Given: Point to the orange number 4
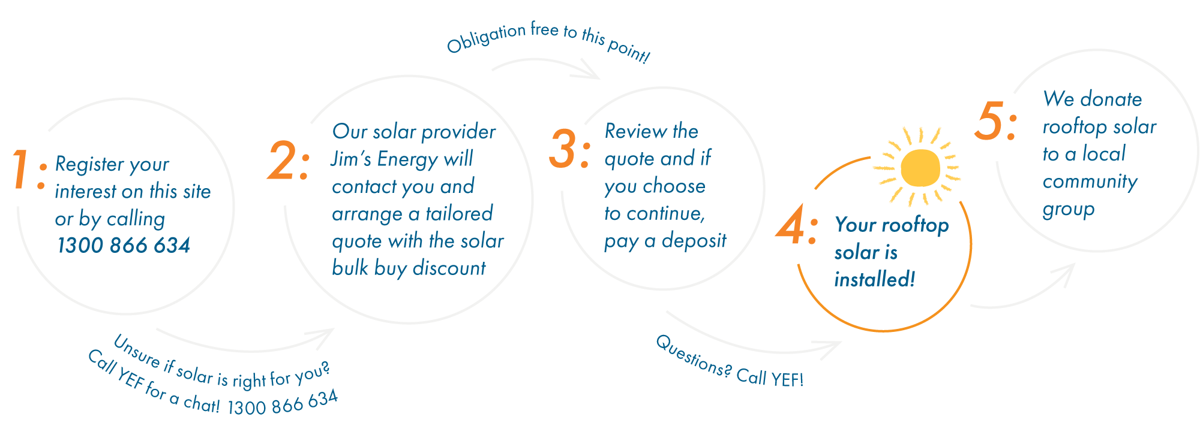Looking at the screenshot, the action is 791,224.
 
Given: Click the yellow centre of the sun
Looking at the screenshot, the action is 919,168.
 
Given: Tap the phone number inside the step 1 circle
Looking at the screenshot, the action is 124,245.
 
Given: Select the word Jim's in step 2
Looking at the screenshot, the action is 351,159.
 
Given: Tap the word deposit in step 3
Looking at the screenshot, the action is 694,241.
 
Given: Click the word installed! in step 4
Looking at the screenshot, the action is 875,279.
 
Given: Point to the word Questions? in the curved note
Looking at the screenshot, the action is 693,356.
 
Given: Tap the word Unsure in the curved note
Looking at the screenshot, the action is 137,352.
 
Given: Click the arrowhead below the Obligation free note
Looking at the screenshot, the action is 589,71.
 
